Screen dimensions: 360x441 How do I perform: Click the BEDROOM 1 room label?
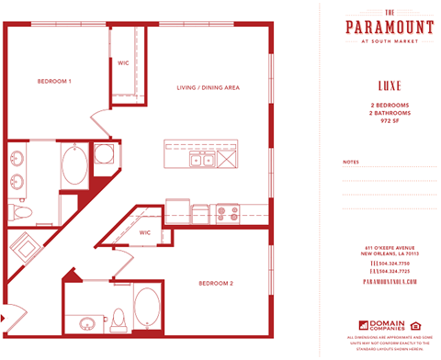coord(54,82)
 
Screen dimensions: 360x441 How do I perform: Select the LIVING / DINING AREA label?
coord(209,87)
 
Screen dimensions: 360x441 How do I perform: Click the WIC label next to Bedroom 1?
coord(123,62)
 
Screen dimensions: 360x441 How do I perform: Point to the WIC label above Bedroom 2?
coord(145,232)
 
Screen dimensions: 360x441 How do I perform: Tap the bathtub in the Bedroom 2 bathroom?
coord(146,310)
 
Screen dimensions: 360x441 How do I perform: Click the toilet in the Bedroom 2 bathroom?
coord(117,321)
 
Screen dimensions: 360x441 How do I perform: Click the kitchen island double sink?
coord(202,160)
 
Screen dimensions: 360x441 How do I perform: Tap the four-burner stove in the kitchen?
coord(226,214)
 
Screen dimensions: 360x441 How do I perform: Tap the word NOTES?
coord(350,162)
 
